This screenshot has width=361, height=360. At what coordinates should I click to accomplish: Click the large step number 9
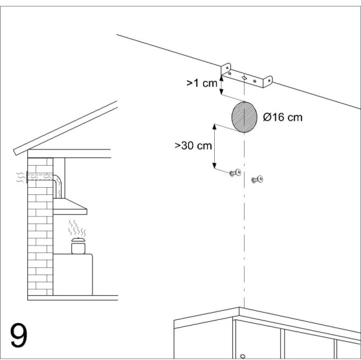click(x=19, y=335)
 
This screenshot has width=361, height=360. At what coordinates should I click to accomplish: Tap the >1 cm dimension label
click(x=202, y=83)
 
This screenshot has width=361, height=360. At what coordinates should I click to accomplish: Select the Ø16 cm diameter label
click(x=283, y=117)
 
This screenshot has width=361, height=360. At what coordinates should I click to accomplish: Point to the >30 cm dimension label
click(x=193, y=146)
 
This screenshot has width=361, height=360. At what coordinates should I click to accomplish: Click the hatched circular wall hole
click(x=245, y=117)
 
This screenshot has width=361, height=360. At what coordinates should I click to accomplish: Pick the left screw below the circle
click(x=235, y=173)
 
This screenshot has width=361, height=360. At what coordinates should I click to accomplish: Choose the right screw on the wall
click(x=257, y=179)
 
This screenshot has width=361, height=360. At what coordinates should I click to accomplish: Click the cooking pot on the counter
click(x=78, y=246)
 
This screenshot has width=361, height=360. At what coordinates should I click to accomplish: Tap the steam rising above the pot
click(x=77, y=228)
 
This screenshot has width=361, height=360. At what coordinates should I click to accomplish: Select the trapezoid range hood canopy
click(x=70, y=207)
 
